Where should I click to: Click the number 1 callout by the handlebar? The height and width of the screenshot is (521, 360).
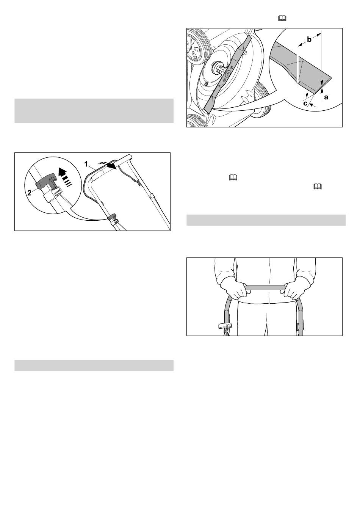86,164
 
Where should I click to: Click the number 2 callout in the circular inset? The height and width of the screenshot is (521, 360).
30,193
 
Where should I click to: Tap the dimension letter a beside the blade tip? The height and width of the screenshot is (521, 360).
326,97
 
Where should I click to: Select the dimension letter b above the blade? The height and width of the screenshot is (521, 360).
309,39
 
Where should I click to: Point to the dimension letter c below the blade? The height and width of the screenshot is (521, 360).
305,103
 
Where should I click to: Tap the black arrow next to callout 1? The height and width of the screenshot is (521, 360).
108,165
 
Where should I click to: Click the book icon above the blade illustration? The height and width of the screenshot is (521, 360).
282,19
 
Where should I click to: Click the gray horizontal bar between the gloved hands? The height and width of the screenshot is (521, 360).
265,288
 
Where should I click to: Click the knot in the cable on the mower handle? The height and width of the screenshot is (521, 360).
138,183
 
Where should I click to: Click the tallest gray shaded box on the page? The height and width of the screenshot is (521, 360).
94,110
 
